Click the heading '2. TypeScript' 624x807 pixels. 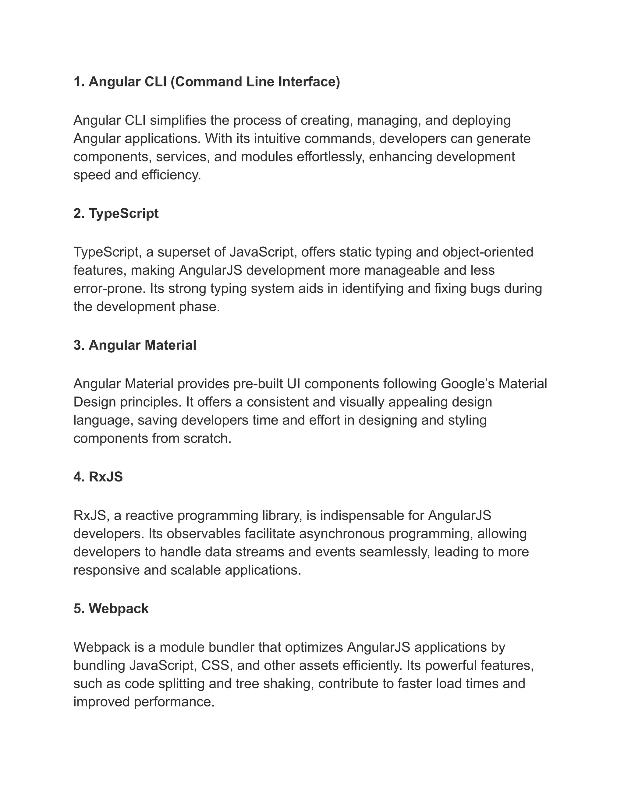(116, 213)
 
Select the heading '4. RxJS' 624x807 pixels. (98, 477)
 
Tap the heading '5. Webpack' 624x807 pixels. (111, 608)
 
